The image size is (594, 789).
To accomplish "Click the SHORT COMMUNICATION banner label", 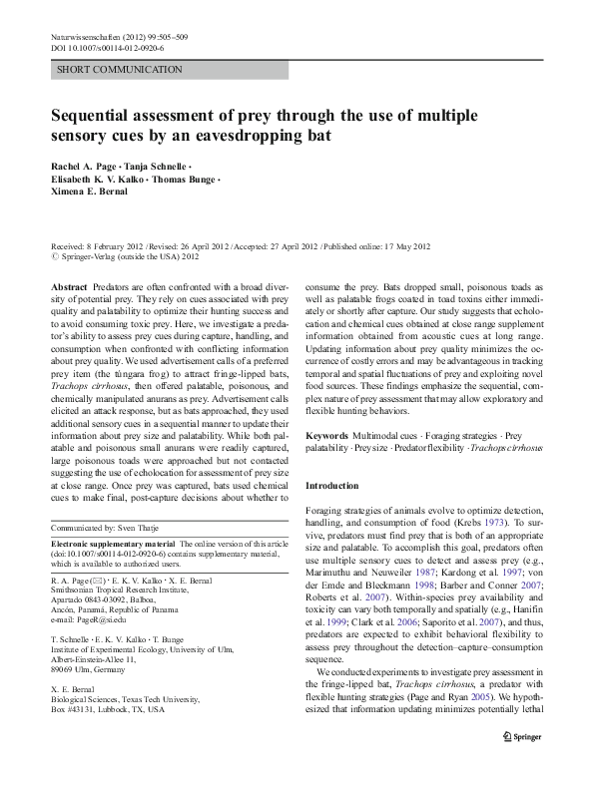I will (119, 69).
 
